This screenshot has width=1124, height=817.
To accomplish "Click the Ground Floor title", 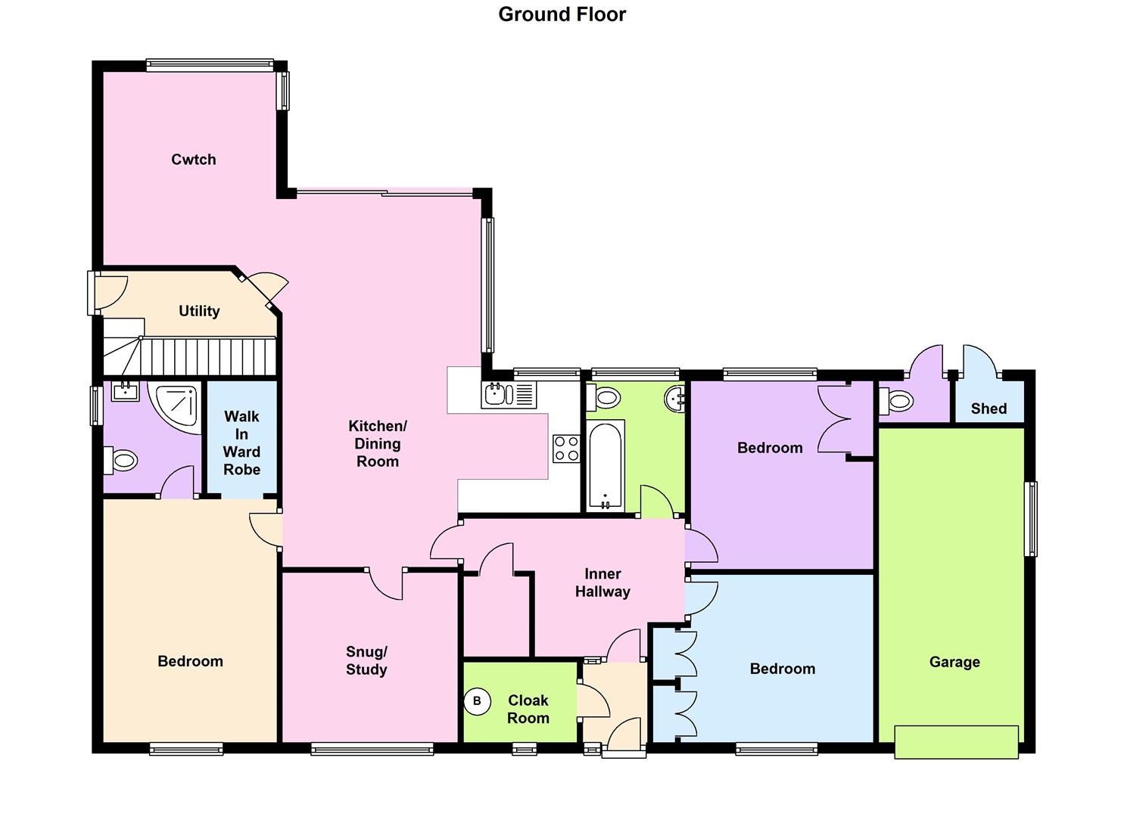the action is coord(562,14).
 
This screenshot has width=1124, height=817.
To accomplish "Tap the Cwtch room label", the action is coord(194,160).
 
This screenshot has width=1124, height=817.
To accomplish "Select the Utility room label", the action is coord(199,311).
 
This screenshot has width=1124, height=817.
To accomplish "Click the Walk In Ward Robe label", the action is coord(242,443).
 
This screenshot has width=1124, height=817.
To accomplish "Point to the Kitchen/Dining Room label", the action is coord(378,443).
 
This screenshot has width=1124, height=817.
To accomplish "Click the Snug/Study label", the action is coord(366,660).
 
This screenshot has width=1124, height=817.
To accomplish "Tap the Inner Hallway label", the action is coord(602,582).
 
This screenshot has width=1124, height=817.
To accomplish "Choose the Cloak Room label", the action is coord(528,709).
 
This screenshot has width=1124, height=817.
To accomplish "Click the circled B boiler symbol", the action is coord(477,701).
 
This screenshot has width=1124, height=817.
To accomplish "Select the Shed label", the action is coord(989,408).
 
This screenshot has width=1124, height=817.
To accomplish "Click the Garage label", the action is coord(954,662).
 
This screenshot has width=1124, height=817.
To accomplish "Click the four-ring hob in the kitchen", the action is coord(566,449).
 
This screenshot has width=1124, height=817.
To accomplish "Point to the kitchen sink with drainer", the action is coord(509,394).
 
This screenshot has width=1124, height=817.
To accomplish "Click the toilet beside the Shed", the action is coord(895,401).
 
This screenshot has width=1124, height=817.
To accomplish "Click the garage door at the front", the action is coord(956,741).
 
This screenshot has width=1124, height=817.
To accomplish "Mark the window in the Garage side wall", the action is coord(1030,519).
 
